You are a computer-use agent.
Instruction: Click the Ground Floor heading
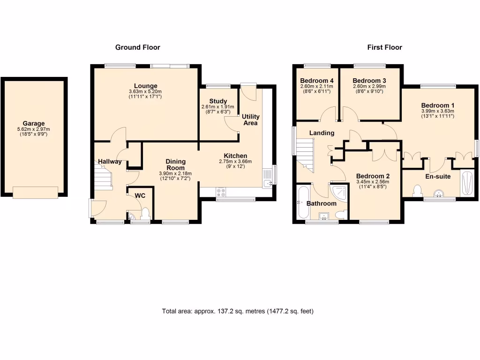point(138,47)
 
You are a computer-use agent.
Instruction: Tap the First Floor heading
point(384,47)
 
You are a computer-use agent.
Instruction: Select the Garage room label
point(34,124)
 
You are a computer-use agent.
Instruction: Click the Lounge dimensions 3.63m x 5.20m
point(145,91)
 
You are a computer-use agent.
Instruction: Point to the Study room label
point(218,101)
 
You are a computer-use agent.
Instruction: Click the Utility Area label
point(251,119)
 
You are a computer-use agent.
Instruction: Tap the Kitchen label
point(235,156)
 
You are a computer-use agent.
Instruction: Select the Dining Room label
point(175,165)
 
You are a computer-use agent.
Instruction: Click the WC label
point(140,195)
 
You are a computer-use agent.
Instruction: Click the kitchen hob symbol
point(221,192)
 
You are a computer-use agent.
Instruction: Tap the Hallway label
point(110,162)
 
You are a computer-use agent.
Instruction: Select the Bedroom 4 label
point(316,80)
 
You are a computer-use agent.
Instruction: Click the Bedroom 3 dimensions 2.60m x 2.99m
point(369,86)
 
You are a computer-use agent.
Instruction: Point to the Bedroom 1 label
point(437,105)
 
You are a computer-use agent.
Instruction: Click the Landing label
point(322,133)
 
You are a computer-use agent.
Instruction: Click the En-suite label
point(438,177)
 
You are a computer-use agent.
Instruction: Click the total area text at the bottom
point(238,311)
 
